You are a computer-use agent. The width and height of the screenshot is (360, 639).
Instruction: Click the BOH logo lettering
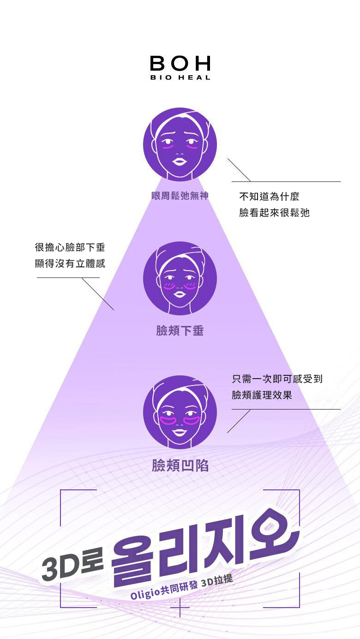(x=180, y=63)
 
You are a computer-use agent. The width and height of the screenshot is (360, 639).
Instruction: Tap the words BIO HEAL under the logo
(x=180, y=78)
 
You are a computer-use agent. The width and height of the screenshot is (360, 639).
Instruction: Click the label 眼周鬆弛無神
(x=180, y=196)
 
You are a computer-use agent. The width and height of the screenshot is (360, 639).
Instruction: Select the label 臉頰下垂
(x=180, y=331)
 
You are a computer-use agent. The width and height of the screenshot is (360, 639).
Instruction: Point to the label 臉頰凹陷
(x=180, y=465)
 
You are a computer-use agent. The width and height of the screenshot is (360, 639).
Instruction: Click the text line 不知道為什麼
(x=269, y=197)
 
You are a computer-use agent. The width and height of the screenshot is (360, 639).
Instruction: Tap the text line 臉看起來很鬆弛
(x=274, y=212)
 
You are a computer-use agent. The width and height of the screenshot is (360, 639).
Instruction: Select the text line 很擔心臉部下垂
(x=70, y=247)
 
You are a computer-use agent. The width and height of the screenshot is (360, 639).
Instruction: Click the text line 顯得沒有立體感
(x=70, y=263)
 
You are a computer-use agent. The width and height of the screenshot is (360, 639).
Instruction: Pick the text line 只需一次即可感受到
(x=277, y=379)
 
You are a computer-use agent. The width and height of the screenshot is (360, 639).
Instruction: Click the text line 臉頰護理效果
(x=262, y=395)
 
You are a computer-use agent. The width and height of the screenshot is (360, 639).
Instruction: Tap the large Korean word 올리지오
(x=203, y=549)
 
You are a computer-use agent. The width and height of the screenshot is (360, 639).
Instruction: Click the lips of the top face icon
(x=180, y=162)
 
